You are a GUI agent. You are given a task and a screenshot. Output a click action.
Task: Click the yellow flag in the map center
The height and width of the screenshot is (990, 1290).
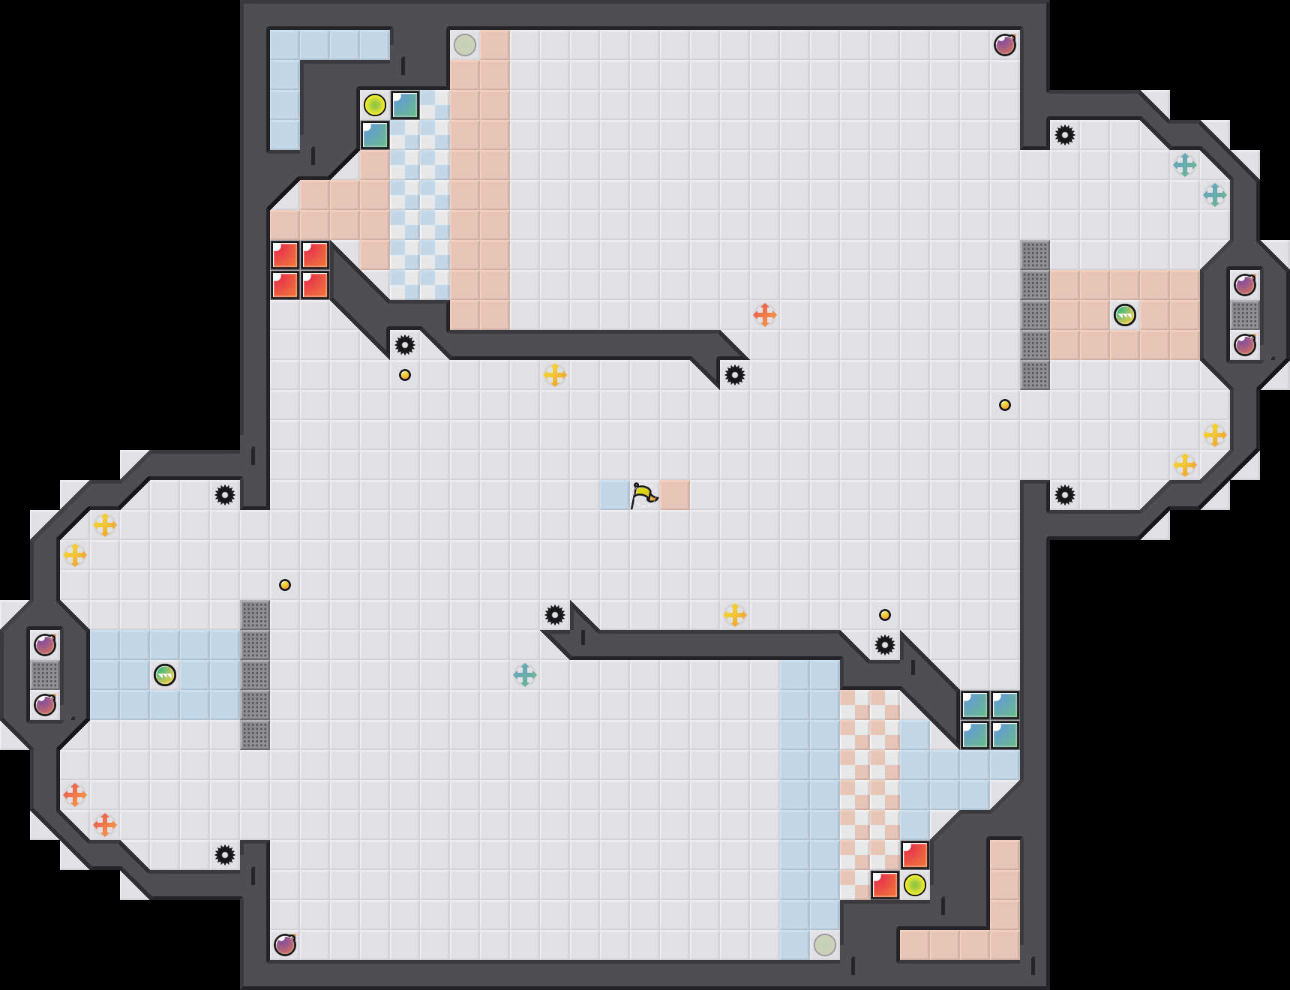(x=643, y=495)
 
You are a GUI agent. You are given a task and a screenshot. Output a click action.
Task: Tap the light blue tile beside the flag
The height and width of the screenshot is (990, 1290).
(x=614, y=495)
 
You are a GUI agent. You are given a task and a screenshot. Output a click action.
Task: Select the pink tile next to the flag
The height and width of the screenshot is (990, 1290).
(x=674, y=495)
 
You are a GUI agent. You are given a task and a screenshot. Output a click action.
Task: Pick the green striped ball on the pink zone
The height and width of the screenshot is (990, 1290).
(x=1124, y=315)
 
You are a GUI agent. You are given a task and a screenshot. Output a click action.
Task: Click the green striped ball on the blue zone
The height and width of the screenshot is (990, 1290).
(x=165, y=675)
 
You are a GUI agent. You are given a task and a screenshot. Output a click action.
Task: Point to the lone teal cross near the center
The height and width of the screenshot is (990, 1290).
(x=525, y=675)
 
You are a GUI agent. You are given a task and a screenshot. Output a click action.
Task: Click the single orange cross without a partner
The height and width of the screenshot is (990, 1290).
(x=764, y=315)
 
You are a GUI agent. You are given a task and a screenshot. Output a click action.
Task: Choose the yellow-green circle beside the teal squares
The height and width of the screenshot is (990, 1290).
(x=375, y=105)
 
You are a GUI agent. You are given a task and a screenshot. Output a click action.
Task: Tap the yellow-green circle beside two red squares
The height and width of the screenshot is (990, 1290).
(x=914, y=885)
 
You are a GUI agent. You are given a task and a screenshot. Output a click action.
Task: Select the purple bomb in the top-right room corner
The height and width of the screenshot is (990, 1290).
(x=1005, y=45)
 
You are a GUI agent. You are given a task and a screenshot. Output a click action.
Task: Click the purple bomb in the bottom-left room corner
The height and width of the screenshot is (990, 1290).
(x=285, y=945)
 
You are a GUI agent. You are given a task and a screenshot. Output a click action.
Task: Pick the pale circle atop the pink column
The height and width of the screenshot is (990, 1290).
(x=465, y=45)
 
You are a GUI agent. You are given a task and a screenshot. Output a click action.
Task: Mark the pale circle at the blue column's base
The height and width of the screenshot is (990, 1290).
(x=825, y=945)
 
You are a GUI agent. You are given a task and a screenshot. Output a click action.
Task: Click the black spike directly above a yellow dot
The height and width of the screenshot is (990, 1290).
(x=405, y=345)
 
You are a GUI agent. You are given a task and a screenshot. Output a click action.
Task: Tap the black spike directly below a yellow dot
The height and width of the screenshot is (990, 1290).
(x=885, y=645)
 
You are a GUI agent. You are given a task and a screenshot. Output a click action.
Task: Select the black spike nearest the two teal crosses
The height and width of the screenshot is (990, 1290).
(x=1065, y=135)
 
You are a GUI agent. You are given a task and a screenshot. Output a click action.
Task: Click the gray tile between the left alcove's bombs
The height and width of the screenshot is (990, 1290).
(x=45, y=675)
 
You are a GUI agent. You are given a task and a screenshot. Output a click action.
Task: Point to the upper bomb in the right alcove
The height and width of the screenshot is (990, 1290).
(x=1245, y=285)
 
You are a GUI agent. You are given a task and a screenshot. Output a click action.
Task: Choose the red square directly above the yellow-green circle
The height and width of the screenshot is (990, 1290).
(x=915, y=855)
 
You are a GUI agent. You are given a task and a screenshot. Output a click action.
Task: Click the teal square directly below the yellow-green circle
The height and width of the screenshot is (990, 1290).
(x=375, y=136)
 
